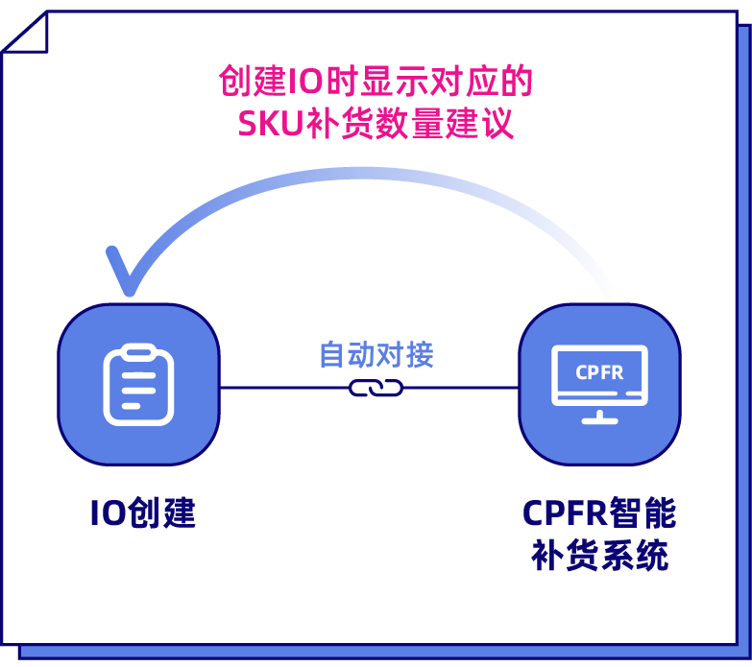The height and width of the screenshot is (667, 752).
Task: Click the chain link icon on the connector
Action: point(376,389)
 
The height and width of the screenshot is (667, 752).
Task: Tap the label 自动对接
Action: point(376,355)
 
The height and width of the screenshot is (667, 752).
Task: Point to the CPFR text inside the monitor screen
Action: point(599,372)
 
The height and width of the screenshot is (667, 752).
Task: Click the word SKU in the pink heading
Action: point(269,125)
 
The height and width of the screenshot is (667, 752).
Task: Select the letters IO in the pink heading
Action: point(303,83)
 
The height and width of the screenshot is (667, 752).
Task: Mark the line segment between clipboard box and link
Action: point(284,389)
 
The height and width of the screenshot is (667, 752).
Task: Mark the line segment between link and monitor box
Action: point(461,389)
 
